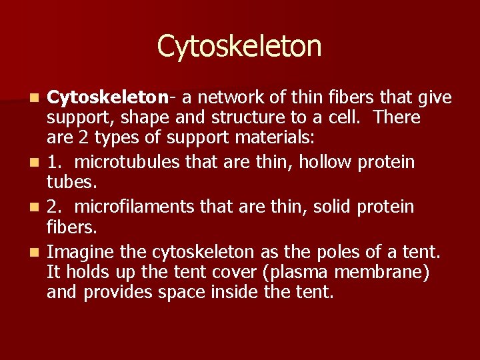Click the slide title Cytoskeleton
[x=239, y=46]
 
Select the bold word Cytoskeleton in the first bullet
[x=107, y=98]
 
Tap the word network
[x=230, y=98]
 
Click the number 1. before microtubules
[x=54, y=162]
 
